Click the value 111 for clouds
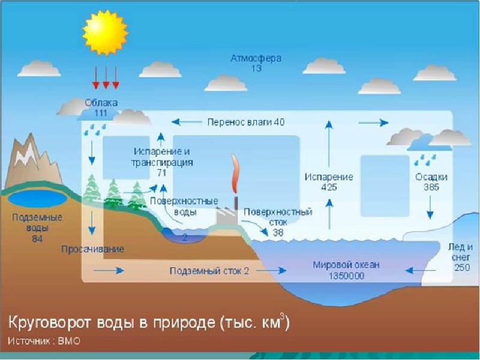click(x=101, y=113)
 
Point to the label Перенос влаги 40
click(x=246, y=122)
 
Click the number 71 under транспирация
click(x=161, y=172)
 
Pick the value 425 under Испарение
click(x=328, y=187)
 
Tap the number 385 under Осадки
click(x=430, y=187)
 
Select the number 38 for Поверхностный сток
click(x=278, y=232)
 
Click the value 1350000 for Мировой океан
click(x=346, y=276)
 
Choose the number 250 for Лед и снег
click(x=462, y=267)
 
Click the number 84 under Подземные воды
click(x=37, y=238)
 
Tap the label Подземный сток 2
click(x=209, y=271)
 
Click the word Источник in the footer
click(x=31, y=342)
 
